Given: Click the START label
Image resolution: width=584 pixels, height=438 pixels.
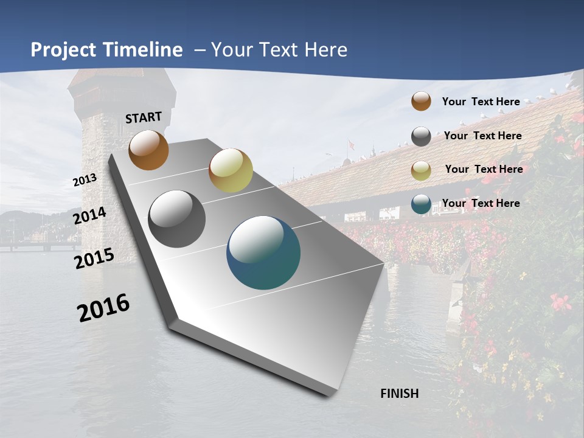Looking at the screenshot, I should (144, 117).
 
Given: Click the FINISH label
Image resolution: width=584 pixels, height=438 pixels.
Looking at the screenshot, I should (400, 394).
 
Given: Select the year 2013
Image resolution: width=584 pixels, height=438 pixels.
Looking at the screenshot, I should (85, 180).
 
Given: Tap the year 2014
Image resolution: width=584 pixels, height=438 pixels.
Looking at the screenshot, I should (89, 216).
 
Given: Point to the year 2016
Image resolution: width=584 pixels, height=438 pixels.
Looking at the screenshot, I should (103, 308).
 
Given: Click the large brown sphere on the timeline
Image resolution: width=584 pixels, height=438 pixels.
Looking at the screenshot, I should (148, 150).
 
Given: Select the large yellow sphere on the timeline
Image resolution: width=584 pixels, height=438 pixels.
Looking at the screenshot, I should (231, 170).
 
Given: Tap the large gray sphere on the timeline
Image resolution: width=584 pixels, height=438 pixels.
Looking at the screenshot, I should (177, 219).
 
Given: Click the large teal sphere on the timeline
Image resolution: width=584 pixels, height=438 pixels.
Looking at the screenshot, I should (263, 252).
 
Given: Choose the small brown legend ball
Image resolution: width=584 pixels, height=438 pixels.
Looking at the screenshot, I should (421, 102).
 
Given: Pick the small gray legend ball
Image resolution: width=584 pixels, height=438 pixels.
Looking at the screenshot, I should (421, 136).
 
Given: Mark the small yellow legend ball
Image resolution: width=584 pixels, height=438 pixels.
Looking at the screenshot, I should (421, 170).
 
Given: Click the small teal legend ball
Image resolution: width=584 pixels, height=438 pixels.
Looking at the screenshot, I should (421, 204).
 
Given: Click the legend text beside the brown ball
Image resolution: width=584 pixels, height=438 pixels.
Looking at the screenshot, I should (481, 102).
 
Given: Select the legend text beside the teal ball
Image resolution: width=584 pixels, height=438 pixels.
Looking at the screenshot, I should (481, 203).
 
